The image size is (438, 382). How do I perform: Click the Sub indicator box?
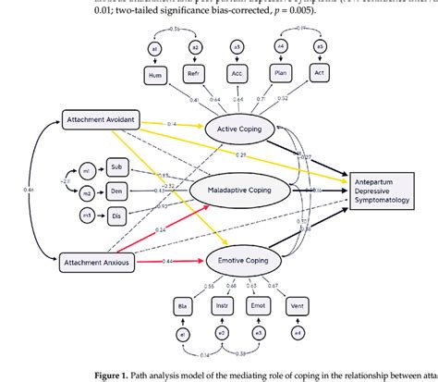(x=116, y=167)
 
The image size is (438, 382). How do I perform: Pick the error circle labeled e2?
(x=220, y=332)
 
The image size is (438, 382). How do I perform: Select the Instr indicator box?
(x=220, y=304)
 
